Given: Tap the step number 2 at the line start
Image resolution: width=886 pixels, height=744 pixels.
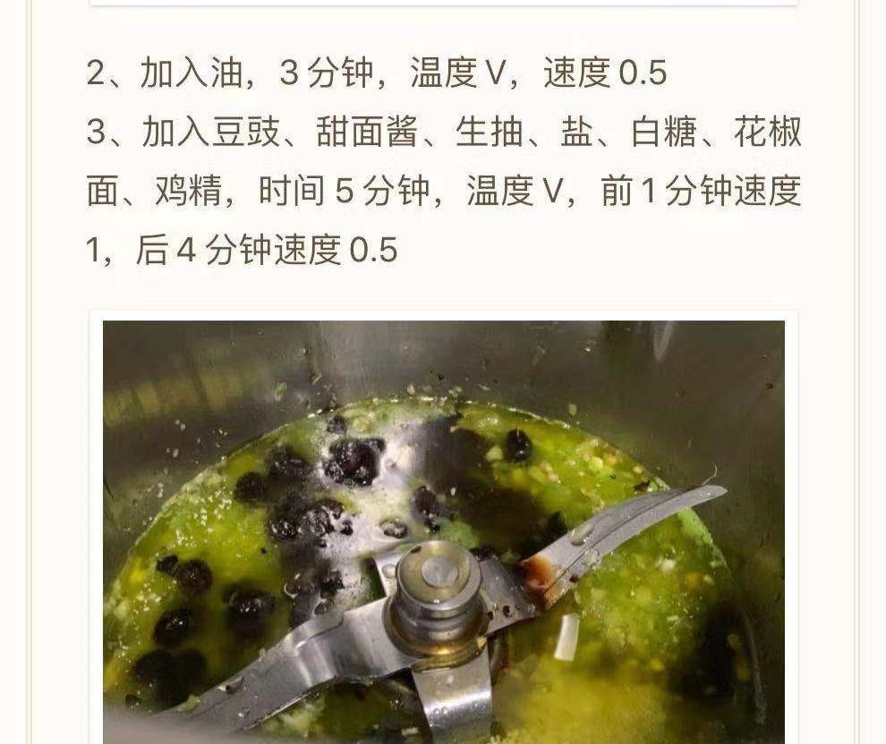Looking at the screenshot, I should pos(96,73).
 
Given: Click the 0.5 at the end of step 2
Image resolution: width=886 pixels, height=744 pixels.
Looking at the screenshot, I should pos(643,73).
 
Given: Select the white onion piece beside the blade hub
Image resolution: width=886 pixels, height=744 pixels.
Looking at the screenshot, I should pos(567,637).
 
